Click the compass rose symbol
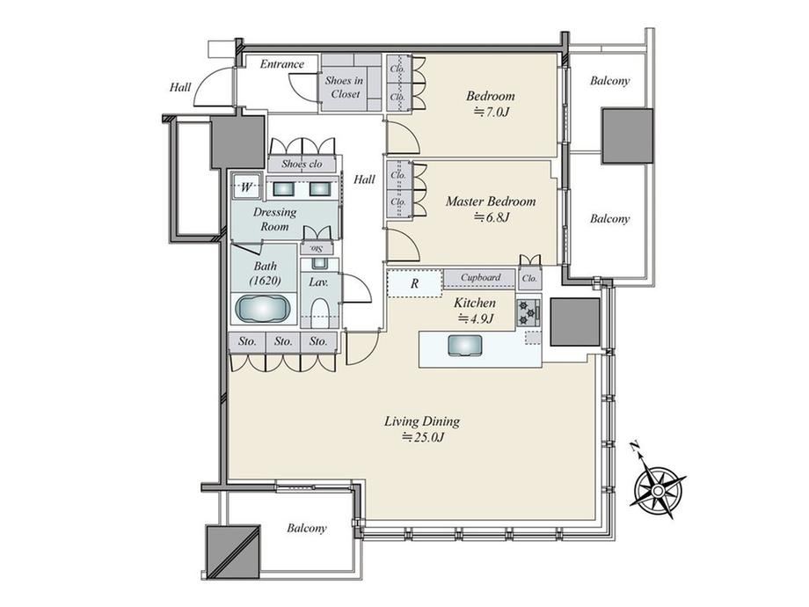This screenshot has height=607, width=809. (x=658, y=486)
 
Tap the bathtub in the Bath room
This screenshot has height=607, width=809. (x=263, y=309)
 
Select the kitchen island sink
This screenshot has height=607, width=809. (x=465, y=346)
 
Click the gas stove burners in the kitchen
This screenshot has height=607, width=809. (x=528, y=313)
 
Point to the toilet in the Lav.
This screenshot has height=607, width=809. (x=320, y=313)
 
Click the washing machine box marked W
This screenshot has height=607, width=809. (x=245, y=186)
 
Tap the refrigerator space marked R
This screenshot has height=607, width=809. (x=415, y=283)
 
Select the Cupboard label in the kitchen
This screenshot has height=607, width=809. (x=480, y=277)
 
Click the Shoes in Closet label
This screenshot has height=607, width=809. (x=345, y=87)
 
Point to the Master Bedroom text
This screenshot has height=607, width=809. (x=491, y=201)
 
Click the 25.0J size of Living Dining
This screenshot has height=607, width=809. (x=423, y=438)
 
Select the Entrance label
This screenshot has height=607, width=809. (x=281, y=64)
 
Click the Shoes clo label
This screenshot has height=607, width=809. (x=302, y=165)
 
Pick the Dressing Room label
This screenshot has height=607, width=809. (x=274, y=219)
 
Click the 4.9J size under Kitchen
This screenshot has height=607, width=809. (x=475, y=318)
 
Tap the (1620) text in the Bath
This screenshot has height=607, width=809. (x=265, y=281)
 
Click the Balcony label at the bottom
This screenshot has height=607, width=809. (x=307, y=528)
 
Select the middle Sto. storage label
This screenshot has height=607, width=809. (x=283, y=341)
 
